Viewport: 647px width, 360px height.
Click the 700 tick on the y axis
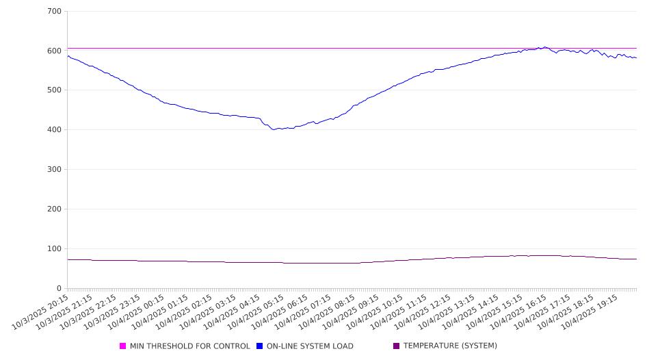55,12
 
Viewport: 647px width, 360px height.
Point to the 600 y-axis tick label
55,51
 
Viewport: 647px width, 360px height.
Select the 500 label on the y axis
55,90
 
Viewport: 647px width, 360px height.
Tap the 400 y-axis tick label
55,130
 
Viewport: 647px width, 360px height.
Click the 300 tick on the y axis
55,170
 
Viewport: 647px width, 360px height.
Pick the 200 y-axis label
55,209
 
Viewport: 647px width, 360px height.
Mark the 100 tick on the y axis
55,249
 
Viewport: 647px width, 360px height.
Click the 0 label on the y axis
60,288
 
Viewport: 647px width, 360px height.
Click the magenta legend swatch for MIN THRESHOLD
123,346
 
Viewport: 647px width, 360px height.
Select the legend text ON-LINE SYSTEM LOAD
310,346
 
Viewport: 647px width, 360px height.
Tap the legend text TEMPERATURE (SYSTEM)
450,346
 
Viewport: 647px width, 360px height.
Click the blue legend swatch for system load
260,346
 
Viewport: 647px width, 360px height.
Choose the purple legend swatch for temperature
397,346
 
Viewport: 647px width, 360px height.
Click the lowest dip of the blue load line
274,129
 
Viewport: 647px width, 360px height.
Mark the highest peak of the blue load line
545,47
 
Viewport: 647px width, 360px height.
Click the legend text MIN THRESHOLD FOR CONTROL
189,346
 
